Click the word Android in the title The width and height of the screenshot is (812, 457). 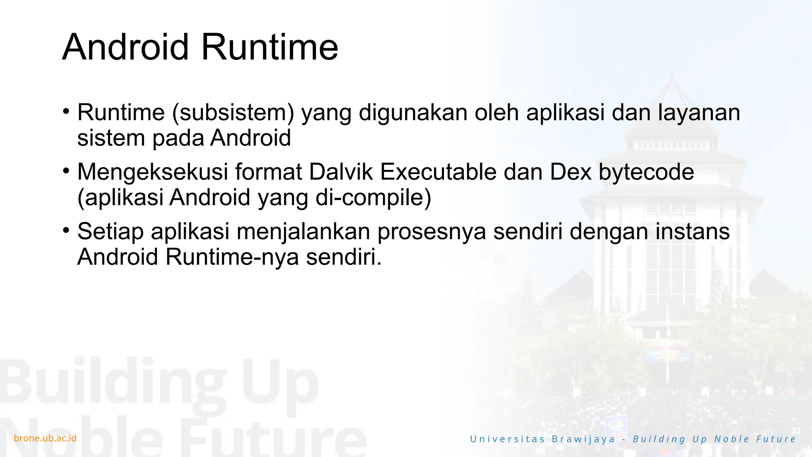click(125, 47)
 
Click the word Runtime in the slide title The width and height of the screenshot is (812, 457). click(270, 47)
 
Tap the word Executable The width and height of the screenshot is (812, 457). click(438, 172)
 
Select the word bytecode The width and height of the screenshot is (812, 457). click(646, 172)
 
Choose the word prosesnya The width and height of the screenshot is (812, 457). click(431, 231)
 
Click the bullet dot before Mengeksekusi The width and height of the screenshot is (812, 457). click(66, 171)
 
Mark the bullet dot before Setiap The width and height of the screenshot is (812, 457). click(66, 230)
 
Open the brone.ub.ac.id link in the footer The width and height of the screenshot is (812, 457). click(45, 438)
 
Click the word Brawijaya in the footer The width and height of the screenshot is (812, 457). click(583, 439)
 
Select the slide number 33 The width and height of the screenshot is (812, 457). click(796, 431)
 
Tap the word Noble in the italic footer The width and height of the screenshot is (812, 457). click(732, 439)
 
